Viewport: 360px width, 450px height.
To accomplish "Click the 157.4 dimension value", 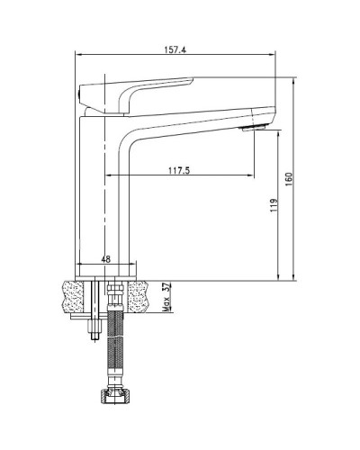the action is tap(175, 49).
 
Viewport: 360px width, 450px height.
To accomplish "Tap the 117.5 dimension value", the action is tap(179, 170).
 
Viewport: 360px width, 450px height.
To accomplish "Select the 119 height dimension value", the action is tap(274, 205).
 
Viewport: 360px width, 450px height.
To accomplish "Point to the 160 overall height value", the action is tap(289, 179).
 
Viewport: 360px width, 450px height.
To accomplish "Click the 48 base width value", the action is tap(105, 259).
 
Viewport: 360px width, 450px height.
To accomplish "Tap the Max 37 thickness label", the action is tap(166, 297).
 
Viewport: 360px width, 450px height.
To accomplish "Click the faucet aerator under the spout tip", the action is tap(253, 129).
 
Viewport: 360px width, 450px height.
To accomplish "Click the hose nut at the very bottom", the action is tap(115, 395).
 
